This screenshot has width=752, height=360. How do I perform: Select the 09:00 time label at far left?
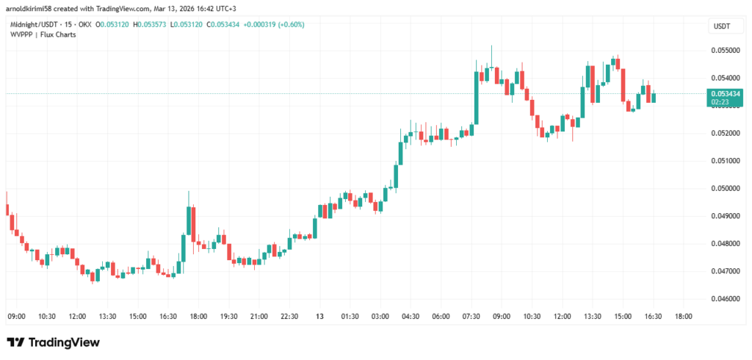coord(16,316)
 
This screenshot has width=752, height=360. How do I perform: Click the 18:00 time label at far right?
coord(682,316)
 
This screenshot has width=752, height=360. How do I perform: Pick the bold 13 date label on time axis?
coord(319,316)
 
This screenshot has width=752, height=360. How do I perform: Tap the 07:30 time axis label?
coord(471,316)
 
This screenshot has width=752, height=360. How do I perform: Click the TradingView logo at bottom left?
coord(53,342)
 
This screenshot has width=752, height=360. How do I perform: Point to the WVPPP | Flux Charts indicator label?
coord(43,34)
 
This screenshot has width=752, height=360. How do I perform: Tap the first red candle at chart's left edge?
coord(7,209)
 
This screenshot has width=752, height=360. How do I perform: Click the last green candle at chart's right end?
coord(654,98)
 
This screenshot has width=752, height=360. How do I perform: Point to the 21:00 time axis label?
coord(258,316)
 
